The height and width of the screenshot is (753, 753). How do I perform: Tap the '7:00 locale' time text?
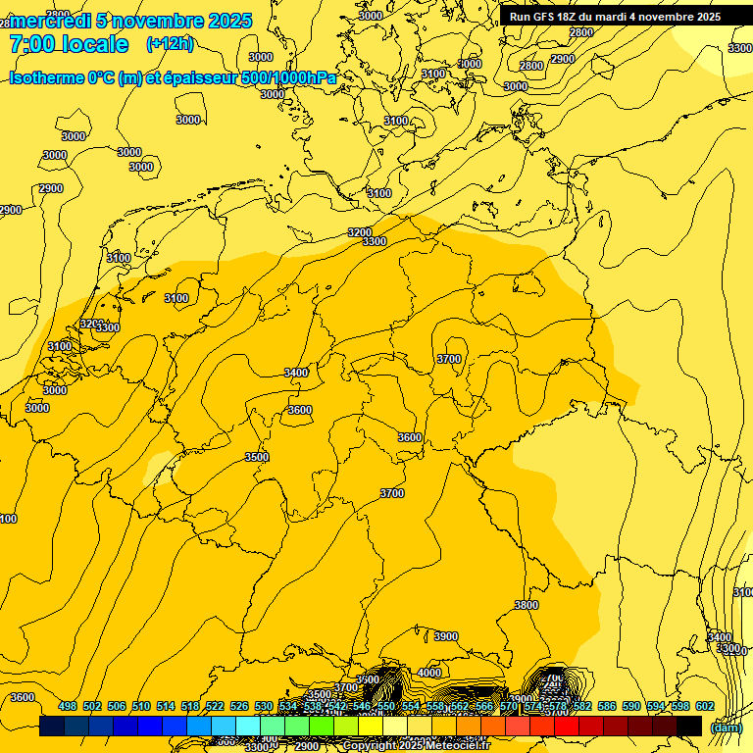coord(69,44)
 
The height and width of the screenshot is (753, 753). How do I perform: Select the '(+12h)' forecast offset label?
coord(170,44)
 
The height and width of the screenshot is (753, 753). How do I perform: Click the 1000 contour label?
coord(470,64)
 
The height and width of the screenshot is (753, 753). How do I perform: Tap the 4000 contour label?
coord(428,673)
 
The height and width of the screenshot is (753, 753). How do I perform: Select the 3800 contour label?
coord(526,605)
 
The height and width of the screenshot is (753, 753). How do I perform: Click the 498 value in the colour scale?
coord(68,706)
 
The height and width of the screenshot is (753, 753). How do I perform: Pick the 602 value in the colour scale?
coord(704,706)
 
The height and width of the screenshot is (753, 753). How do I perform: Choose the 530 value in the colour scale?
coord(264,706)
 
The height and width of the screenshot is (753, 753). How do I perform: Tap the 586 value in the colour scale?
coord(606,706)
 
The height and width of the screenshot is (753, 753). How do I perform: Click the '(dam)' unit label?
coord(725,727)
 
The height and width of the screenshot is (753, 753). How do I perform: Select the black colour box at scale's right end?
coord(689,726)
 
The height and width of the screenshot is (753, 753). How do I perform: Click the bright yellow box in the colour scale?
coord(371,726)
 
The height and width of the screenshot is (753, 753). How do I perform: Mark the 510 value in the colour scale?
coord(141,706)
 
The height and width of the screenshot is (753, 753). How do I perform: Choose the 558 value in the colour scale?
coord(435,706)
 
